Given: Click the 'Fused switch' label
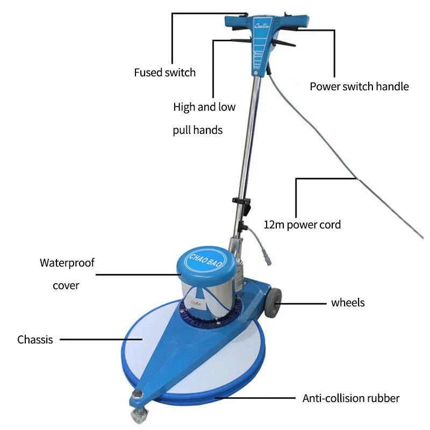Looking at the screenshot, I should tap(164, 73).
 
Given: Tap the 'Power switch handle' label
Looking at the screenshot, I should tap(359, 87).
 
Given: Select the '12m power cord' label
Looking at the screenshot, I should tap(302, 225).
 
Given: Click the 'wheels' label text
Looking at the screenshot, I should tap(348, 303).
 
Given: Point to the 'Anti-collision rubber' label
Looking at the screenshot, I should tap(351, 398).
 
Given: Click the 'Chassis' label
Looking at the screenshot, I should tap(35, 340).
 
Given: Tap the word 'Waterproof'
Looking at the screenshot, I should tap(67, 263).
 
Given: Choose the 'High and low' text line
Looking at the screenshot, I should tap(204, 107).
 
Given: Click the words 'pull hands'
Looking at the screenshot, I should tap(197, 130).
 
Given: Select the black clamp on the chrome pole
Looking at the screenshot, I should tap(242, 205).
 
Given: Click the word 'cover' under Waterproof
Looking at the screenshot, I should tap(66, 285).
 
